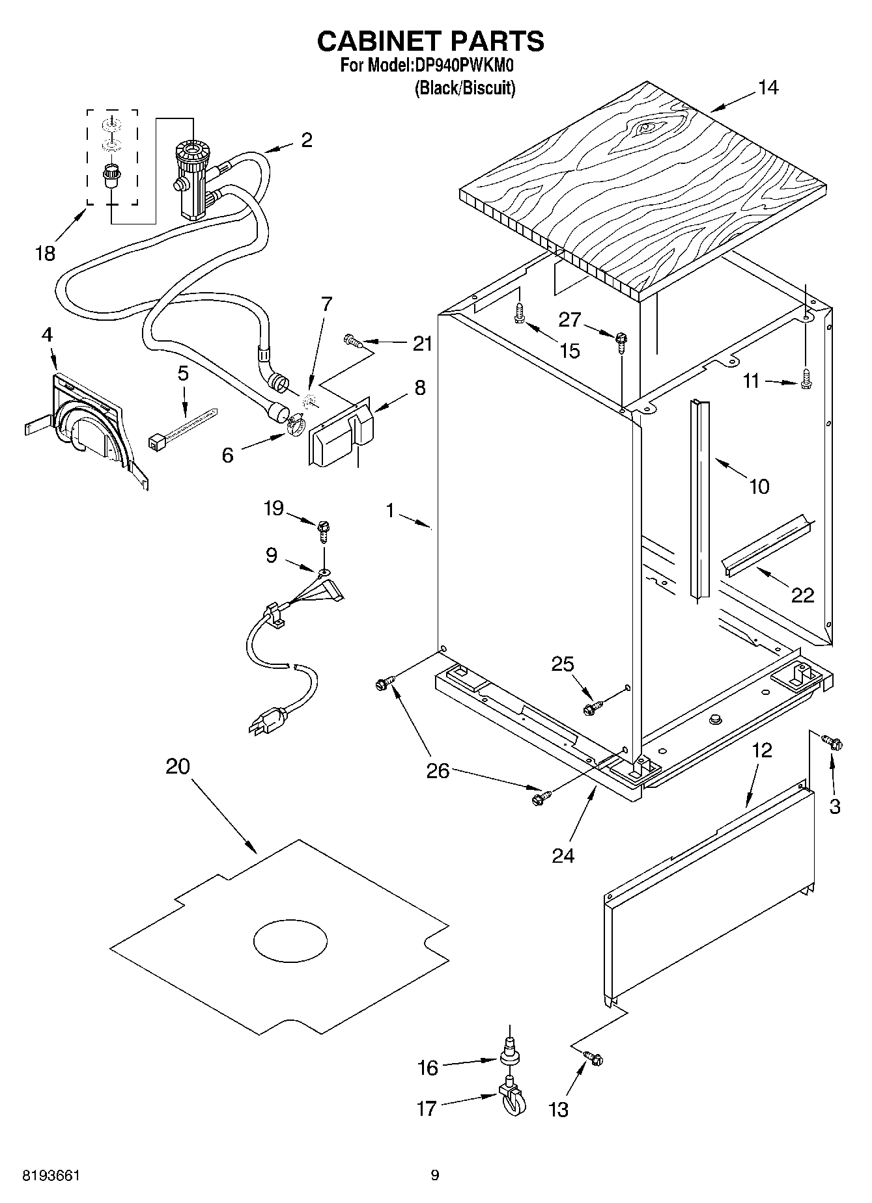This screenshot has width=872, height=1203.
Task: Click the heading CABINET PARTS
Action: (430, 41)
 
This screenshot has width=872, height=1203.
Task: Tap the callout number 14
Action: (768, 88)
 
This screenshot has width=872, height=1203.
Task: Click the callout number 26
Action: (438, 771)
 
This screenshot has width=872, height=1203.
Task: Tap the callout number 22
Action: (802, 595)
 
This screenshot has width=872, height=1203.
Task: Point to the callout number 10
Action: (759, 486)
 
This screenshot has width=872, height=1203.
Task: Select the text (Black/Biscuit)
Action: (465, 88)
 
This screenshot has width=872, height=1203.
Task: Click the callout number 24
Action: (563, 855)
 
